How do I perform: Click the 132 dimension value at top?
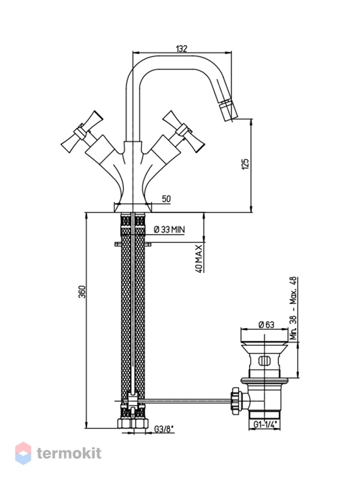pos(181,49)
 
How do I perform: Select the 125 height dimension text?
pos(245,164)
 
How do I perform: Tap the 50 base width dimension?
pos(166,199)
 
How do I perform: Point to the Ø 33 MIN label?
pos(169,229)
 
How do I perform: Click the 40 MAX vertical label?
pos(199,259)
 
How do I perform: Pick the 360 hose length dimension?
pos(83,292)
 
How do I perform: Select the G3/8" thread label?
pos(164,430)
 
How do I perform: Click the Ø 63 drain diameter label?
pos(266,325)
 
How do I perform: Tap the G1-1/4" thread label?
pos(265,425)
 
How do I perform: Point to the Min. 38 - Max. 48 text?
pos(293,308)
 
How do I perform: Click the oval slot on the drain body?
pos(265,361)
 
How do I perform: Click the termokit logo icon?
pos(23,453)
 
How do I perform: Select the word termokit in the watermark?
pos(69,453)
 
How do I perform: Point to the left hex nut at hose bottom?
pos(125,424)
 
